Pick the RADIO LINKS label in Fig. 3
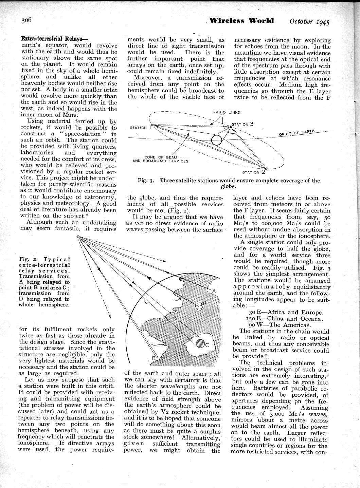click(227, 112)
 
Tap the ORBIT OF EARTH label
click(297, 133)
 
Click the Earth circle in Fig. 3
click(216, 140)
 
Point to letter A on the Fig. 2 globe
click(214, 291)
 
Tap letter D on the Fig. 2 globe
click(201, 307)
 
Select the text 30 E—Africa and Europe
click(286, 312)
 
